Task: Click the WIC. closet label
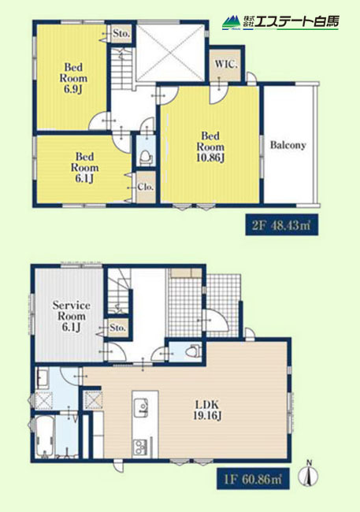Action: coord(226,64)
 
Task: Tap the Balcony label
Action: coord(288,145)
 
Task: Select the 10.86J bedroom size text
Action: coord(210,158)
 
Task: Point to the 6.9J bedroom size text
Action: coord(73,89)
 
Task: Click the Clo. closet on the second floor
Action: coord(146,187)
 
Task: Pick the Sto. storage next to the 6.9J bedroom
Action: coord(121,33)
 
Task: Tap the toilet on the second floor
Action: coord(146,157)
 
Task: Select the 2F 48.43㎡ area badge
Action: coord(281,225)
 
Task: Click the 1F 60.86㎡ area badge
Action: coord(253,479)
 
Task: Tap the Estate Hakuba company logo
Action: coord(280,22)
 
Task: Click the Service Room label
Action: coord(71,310)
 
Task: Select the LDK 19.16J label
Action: coord(207,410)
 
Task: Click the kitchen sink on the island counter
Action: coord(140,407)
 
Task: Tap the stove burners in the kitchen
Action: coord(140,446)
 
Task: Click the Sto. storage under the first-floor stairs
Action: coord(117,327)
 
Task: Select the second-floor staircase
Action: coord(121,67)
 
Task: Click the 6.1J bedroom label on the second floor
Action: coord(84,167)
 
